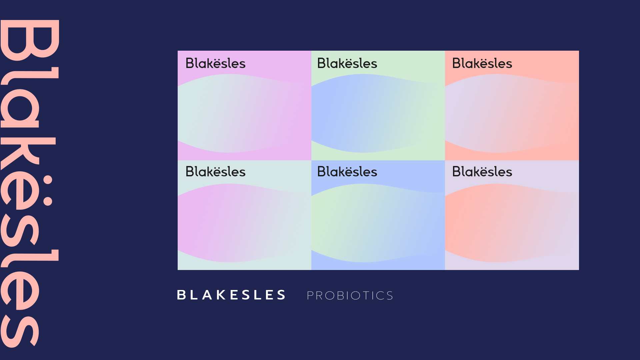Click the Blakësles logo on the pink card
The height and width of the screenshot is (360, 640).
(x=215, y=63)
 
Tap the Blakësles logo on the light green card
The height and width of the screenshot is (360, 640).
(x=347, y=63)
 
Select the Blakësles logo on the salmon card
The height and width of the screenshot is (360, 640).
(x=482, y=63)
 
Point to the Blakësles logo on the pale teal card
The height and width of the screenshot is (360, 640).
(x=215, y=171)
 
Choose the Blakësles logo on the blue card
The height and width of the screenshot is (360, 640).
(x=347, y=171)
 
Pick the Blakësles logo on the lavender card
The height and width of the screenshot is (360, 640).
(x=482, y=171)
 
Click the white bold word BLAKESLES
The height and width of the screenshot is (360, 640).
(x=231, y=295)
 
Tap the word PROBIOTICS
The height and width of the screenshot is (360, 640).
(x=350, y=295)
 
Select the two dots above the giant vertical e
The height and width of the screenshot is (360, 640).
(x=48, y=190)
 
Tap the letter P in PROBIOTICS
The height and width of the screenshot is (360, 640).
(x=310, y=295)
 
